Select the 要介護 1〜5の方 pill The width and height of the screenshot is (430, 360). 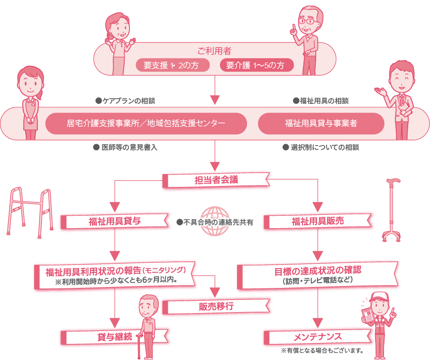tap(256, 65)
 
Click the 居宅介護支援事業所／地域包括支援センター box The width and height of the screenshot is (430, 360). tap(146, 123)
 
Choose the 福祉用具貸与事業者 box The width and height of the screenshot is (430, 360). tap(321, 123)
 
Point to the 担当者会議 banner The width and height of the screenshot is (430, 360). tap(216, 180)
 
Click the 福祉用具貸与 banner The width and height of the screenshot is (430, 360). tap(114, 221)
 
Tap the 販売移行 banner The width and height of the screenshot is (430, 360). tap(216, 306)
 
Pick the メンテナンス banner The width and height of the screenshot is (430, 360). tap(318, 337)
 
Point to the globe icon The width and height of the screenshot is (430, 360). tap(216, 221)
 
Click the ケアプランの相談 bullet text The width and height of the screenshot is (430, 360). tap(125, 101)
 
